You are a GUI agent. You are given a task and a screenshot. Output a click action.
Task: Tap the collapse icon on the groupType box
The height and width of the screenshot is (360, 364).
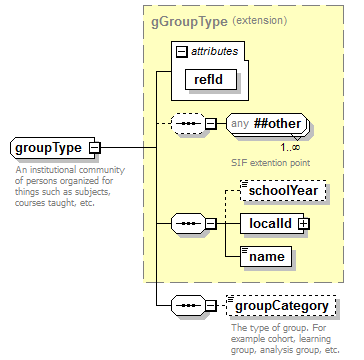tap(94, 148)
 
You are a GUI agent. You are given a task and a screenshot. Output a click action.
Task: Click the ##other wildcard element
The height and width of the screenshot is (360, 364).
tap(264, 124)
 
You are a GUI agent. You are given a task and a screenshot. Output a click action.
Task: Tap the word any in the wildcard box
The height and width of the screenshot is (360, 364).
tap(239, 124)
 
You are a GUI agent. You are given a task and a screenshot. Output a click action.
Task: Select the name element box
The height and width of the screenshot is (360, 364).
tap(265, 257)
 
